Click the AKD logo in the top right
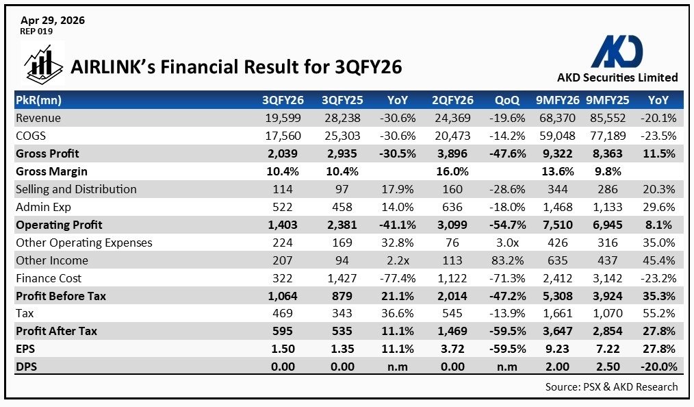coord(617,51)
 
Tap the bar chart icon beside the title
coord(42,63)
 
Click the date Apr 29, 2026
coord(53,21)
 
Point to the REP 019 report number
coord(37,32)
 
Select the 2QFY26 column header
coord(452,100)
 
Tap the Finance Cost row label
coord(49,278)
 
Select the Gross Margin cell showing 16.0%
coord(452,171)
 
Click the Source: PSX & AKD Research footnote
coord(611,386)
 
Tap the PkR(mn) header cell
coord(39,100)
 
